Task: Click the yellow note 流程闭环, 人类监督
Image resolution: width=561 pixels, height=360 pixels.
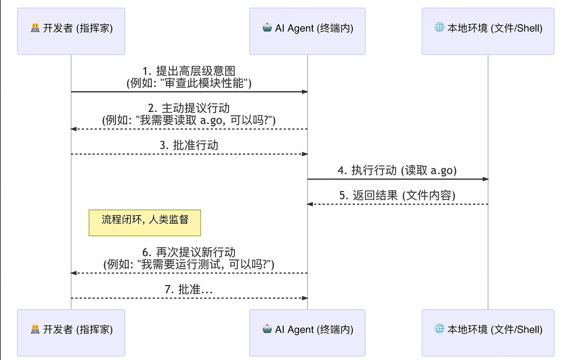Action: click(x=144, y=222)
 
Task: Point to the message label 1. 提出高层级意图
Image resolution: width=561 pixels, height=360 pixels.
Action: click(x=189, y=72)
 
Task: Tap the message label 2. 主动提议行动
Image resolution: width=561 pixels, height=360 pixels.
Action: click(x=189, y=108)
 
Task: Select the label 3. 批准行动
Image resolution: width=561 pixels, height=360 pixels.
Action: click(x=189, y=145)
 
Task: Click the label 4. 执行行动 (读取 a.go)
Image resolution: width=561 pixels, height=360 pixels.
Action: click(x=397, y=171)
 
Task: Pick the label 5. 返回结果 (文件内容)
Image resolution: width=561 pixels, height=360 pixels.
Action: click(x=397, y=196)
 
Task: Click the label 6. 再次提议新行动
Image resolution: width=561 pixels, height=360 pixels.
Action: click(x=189, y=253)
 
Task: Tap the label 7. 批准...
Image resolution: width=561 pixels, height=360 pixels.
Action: click(x=189, y=290)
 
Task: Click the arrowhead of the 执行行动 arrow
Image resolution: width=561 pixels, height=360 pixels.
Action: click(x=485, y=179)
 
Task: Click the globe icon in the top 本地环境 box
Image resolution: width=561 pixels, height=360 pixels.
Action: click(x=439, y=28)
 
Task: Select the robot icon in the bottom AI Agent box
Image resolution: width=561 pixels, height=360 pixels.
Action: click(x=267, y=329)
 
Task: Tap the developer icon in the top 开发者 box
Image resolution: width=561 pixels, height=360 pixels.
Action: click(x=35, y=28)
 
